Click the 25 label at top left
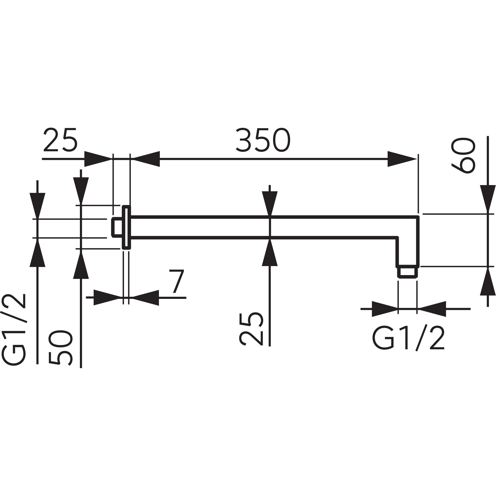60,140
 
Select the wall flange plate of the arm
126,227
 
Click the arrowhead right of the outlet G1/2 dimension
433,309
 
